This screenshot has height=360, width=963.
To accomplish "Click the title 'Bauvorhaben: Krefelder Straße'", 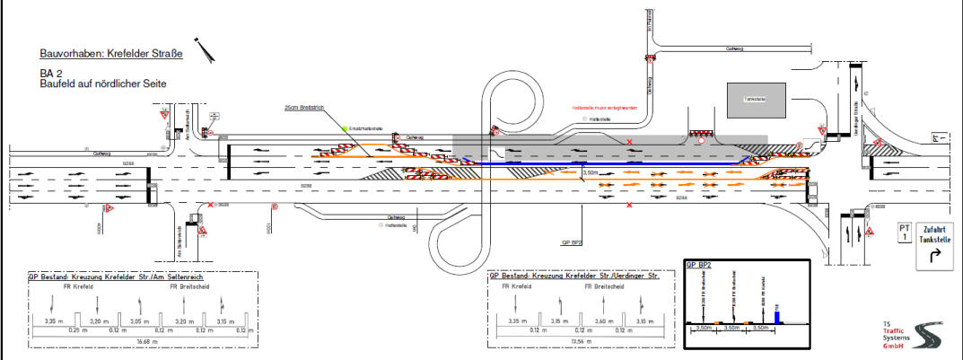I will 111,54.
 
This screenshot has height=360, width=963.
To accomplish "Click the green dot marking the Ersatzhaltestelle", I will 344,129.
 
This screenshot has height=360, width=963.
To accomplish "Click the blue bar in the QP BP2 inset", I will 776,315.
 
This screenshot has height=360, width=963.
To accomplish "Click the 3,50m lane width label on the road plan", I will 590,171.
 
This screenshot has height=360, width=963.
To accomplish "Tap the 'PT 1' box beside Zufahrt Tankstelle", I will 904,233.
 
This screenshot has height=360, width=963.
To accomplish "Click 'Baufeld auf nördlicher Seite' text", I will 103,83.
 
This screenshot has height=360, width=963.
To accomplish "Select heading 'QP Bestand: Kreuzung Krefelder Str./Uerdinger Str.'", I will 575,277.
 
